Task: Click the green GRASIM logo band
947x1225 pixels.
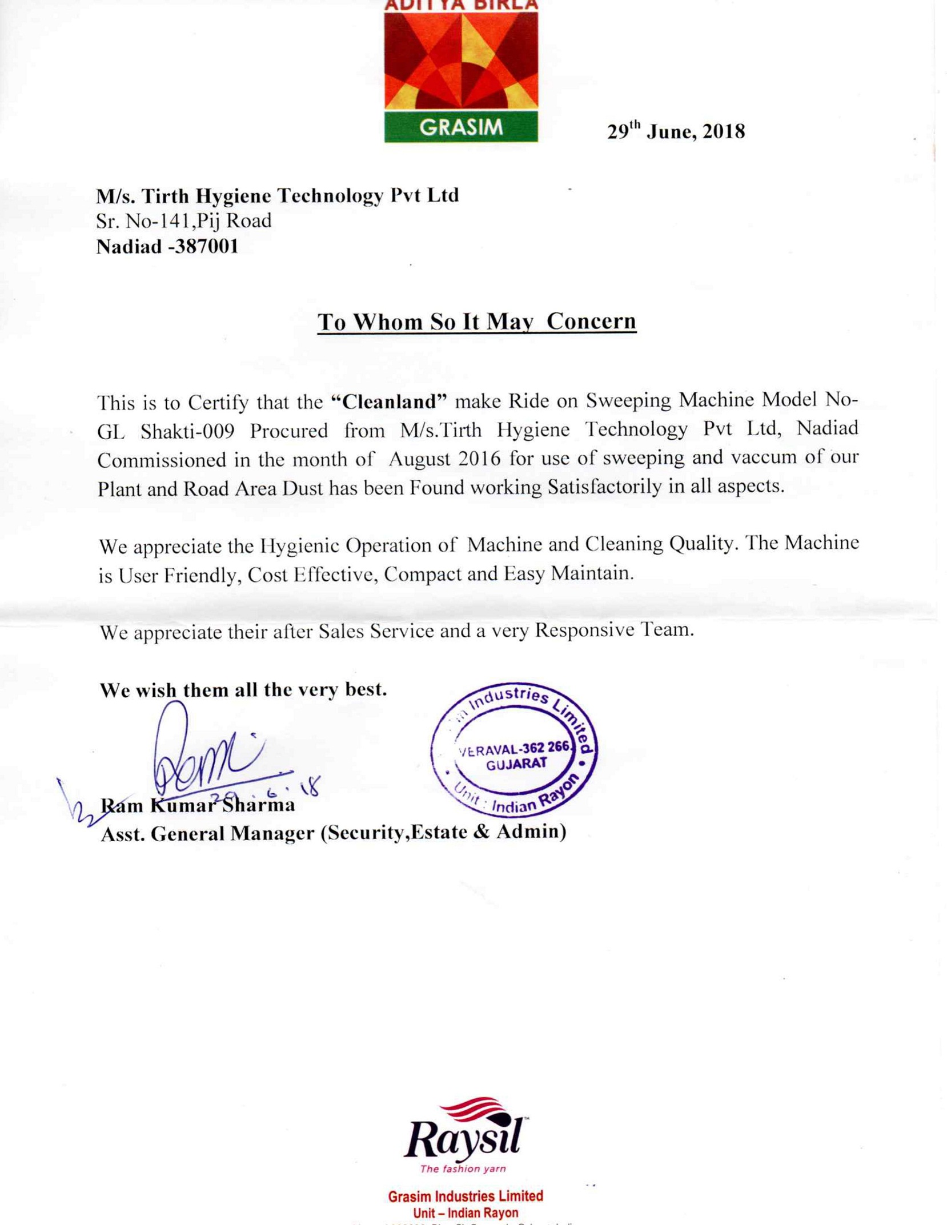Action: click(460, 127)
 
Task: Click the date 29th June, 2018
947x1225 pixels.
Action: click(675, 131)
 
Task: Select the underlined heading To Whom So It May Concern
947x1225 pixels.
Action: click(476, 322)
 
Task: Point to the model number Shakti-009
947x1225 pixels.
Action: click(187, 431)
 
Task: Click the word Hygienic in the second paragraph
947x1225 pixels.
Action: click(300, 545)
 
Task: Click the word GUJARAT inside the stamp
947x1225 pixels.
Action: click(516, 764)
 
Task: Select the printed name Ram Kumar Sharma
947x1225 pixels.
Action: click(198, 805)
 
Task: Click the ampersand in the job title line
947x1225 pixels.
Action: click(481, 832)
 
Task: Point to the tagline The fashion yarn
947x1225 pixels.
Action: click(463, 1168)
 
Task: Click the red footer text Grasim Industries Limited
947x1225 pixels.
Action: click(465, 1196)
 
